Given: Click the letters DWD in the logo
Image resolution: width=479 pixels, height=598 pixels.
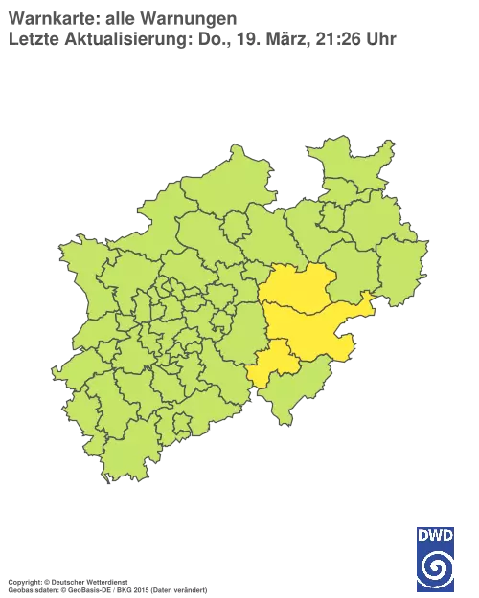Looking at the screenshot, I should point(435,534).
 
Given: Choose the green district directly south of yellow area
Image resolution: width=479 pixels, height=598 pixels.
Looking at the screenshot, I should point(287,392).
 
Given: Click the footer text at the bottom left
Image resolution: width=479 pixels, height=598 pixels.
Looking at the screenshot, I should point(105,581).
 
